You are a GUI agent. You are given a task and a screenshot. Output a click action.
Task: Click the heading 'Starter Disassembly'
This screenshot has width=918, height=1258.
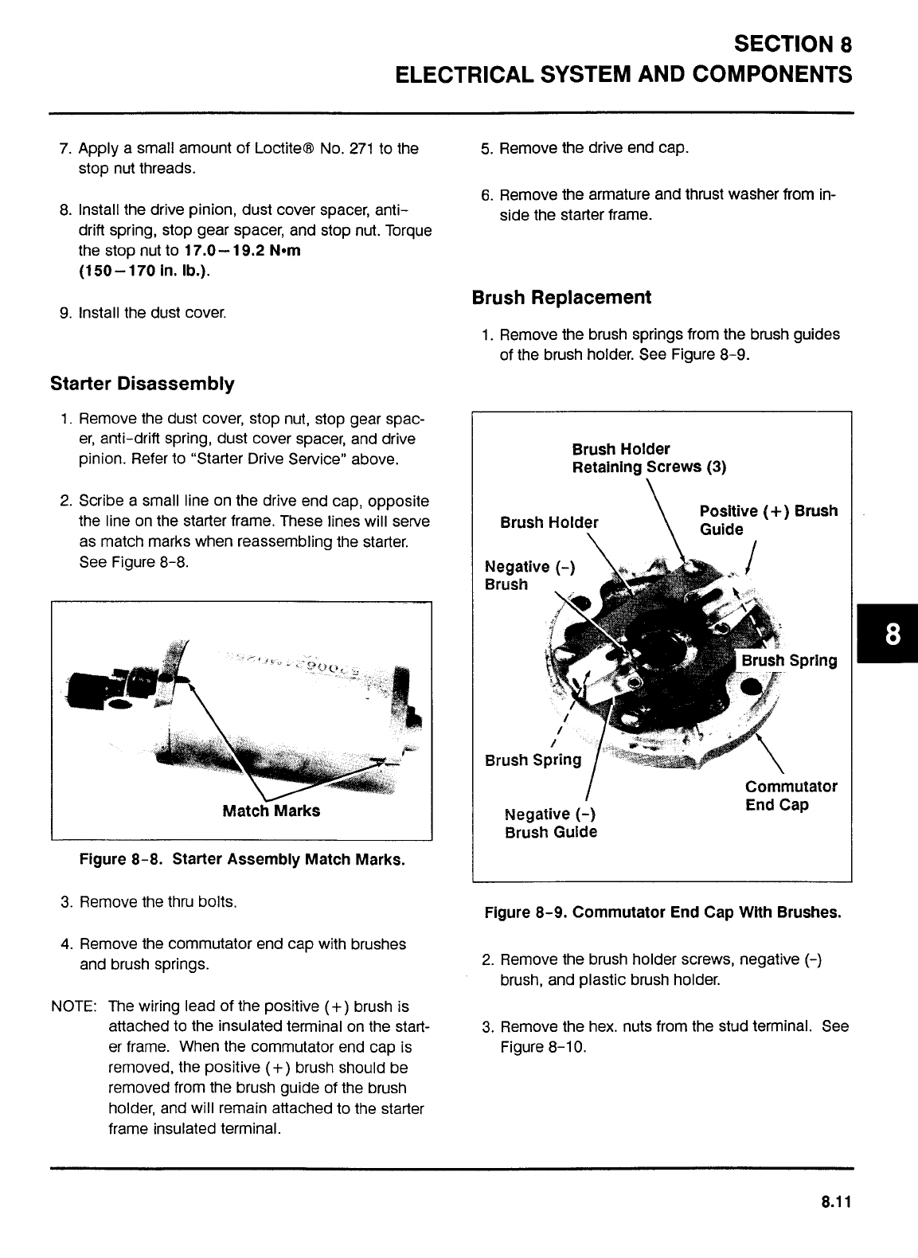pos(143,385)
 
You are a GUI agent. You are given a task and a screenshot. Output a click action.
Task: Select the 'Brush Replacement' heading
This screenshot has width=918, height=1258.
pos(561,298)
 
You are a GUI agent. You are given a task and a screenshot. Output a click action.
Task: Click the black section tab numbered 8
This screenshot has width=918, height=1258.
pos(889,635)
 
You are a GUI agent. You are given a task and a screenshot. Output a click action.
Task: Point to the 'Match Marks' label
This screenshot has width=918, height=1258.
pos(271,811)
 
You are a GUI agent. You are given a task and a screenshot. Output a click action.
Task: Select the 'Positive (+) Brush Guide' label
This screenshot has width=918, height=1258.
pos(768,520)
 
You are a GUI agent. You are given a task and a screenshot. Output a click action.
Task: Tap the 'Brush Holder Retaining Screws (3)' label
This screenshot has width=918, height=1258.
pos(649,458)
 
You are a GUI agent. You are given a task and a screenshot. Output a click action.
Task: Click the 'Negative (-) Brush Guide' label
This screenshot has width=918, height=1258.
pos(551,823)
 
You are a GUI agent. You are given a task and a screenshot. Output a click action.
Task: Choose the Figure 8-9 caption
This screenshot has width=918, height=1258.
pos(662,912)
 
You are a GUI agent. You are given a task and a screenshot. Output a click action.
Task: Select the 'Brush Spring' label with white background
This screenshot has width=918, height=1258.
pos(788,661)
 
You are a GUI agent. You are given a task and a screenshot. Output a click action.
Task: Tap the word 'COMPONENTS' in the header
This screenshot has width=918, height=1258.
pos(772,75)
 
